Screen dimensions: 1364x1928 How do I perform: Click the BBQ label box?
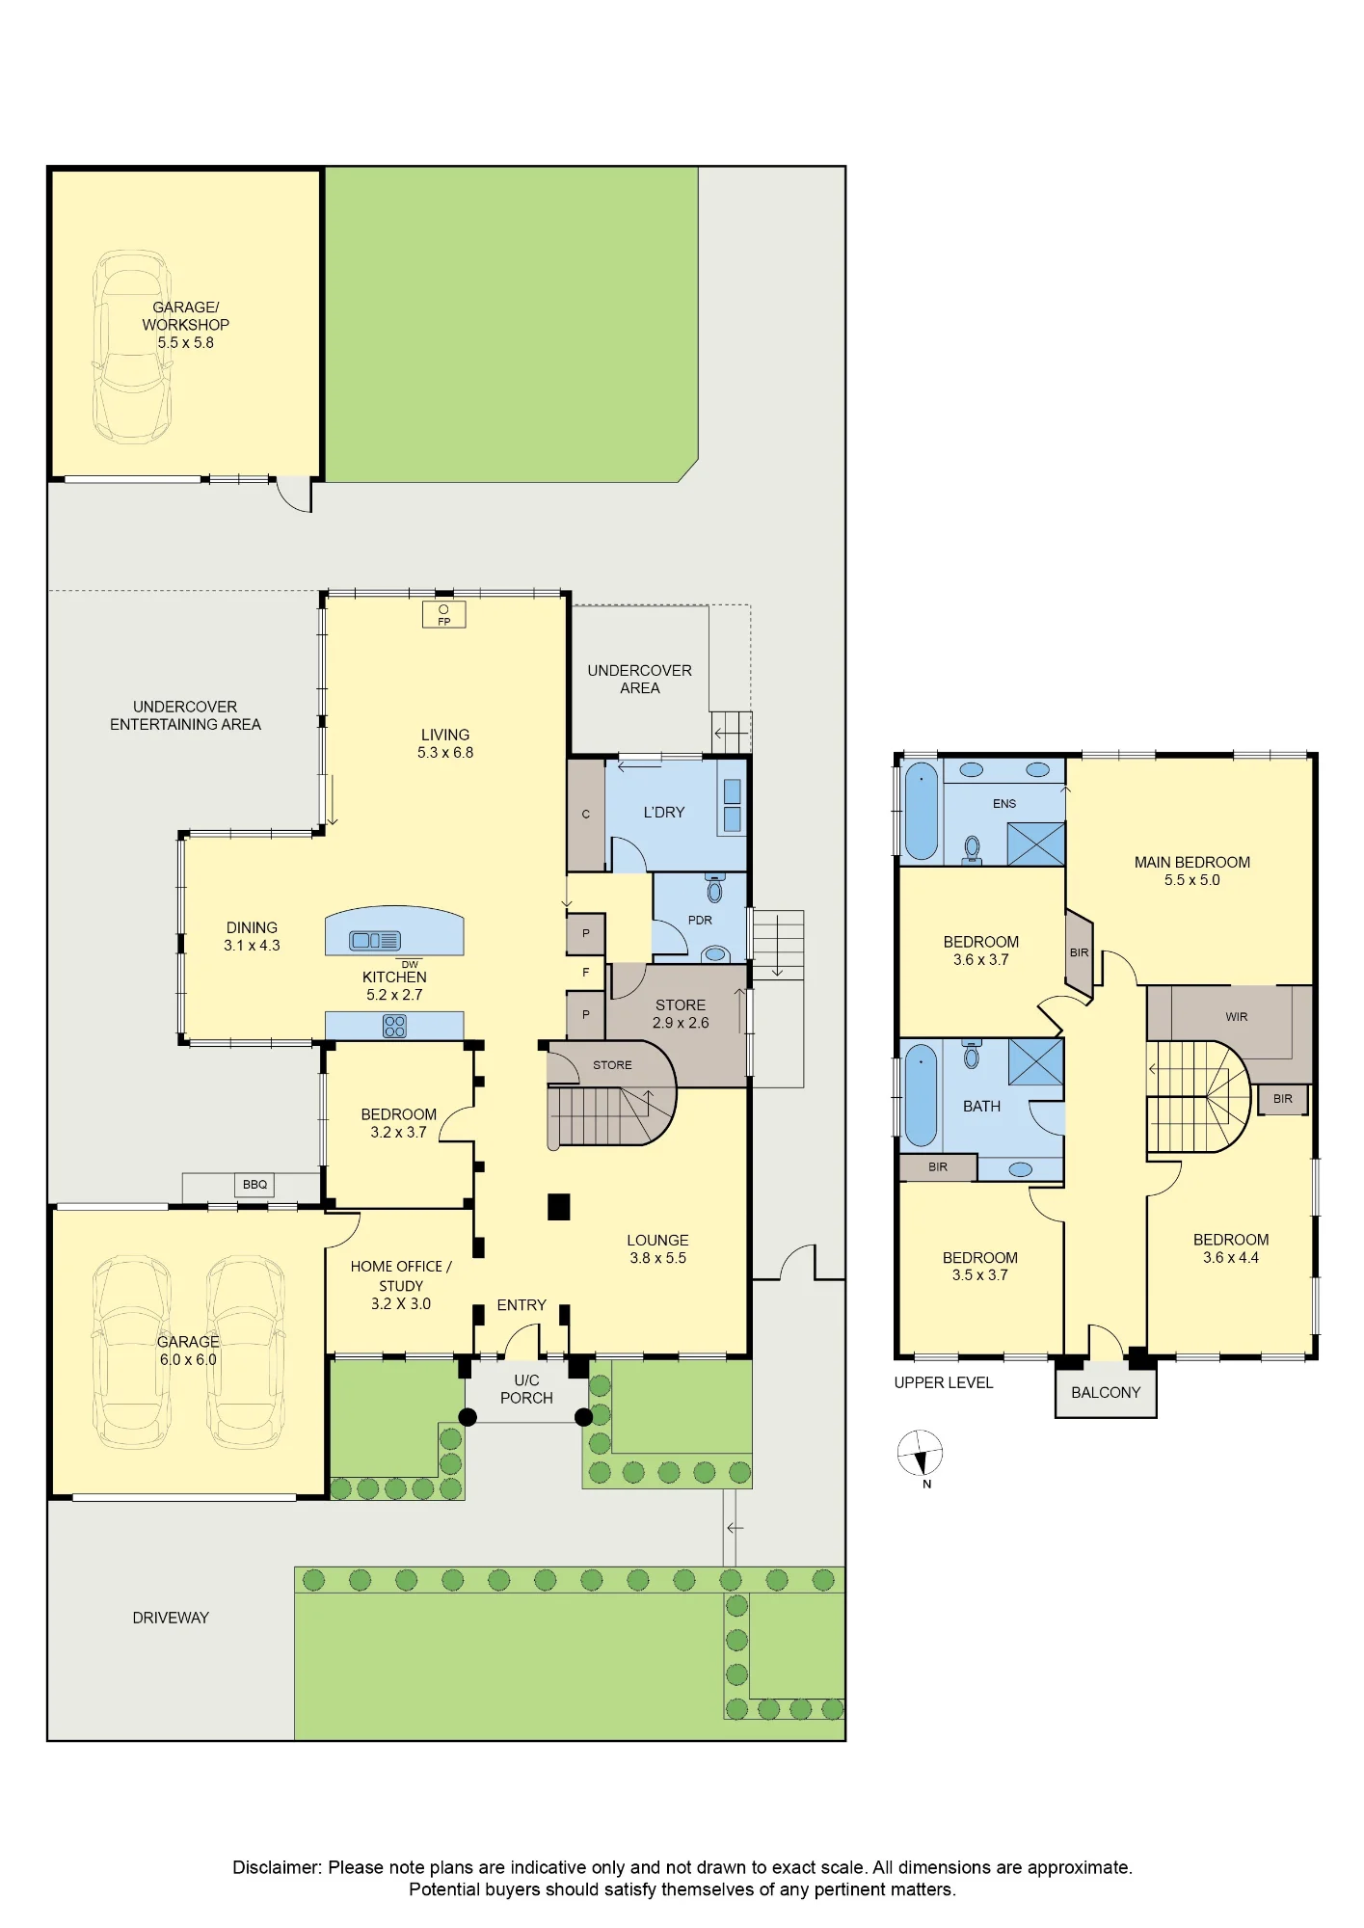[x=254, y=1185]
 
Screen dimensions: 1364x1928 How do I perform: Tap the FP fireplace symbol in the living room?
[x=444, y=615]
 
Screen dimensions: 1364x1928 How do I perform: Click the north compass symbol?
[x=921, y=1454]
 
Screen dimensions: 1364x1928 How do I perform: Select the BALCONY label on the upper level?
[x=1106, y=1392]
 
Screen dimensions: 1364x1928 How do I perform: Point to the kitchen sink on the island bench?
[x=375, y=940]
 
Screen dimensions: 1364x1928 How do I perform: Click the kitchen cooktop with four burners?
[x=394, y=1026]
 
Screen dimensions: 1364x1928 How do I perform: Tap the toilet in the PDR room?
[x=714, y=888]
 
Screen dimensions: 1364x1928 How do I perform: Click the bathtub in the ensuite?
[x=922, y=812]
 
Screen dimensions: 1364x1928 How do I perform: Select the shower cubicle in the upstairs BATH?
[x=1035, y=1062]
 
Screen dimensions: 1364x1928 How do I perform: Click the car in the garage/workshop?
[x=132, y=347]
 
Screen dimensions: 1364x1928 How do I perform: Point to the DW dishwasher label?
[x=410, y=964]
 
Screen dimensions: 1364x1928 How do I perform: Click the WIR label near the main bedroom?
[x=1237, y=1017]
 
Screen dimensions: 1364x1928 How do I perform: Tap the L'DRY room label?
[x=664, y=813]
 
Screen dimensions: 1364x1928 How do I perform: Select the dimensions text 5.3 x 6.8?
[x=445, y=753]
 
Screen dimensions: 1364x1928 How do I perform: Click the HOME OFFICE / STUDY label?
[x=401, y=1275]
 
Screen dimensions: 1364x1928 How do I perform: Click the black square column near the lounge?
[x=559, y=1207]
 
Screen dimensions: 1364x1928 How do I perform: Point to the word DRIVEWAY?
[x=171, y=1618]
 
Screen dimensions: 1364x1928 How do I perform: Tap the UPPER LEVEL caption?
[x=943, y=1382]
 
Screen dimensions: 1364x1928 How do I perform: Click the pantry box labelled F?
[x=586, y=973]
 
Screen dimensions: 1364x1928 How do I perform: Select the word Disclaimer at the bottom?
[x=277, y=1867]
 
